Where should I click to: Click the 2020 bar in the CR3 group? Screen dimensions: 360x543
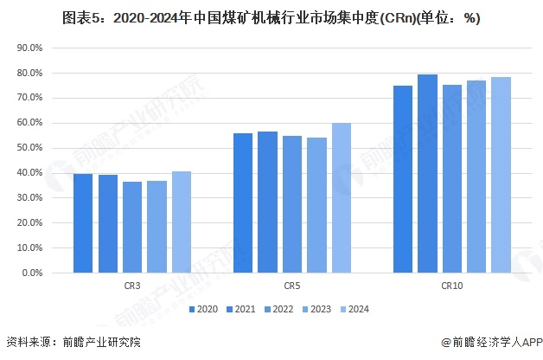tap(83, 223)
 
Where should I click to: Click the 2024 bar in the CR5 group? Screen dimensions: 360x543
tap(342, 197)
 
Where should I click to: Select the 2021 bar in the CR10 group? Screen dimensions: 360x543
tap(427, 173)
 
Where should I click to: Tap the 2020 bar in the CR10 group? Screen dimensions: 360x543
tap(403, 179)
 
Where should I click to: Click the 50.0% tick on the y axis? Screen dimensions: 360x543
tap(29, 148)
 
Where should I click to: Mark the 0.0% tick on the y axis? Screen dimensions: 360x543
tap(32, 273)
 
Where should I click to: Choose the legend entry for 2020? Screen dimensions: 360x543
tap(202, 308)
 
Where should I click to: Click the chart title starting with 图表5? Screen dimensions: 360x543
tap(271, 17)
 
